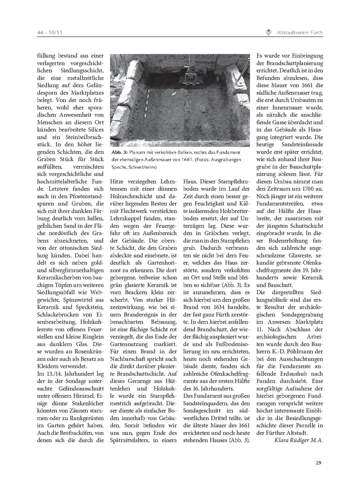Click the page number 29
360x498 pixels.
point(318,462)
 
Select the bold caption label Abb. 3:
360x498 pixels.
point(118,152)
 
